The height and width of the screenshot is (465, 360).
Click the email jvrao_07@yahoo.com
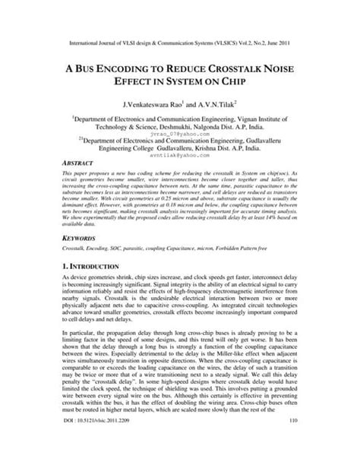click(179, 132)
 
